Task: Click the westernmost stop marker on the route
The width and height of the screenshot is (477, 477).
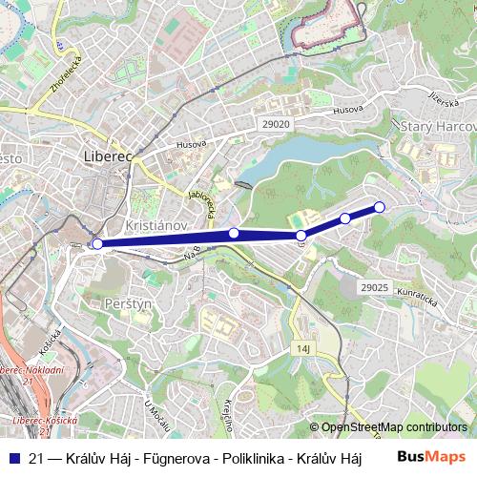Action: click(x=97, y=244)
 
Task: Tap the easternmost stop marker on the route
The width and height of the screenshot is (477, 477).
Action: click(x=379, y=207)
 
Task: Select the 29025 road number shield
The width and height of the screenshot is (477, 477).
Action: click(x=375, y=286)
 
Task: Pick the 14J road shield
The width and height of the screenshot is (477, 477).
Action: click(x=304, y=349)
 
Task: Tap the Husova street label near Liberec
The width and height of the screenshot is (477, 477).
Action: click(x=191, y=144)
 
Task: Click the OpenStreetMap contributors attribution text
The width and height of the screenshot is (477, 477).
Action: click(x=393, y=428)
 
